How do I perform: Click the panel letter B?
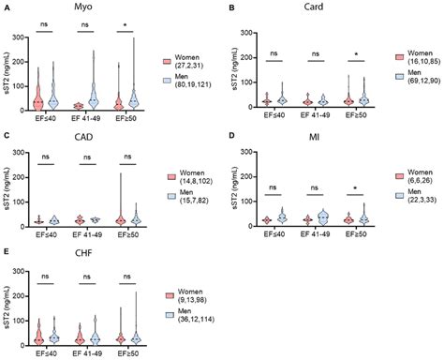tap(231, 8)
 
